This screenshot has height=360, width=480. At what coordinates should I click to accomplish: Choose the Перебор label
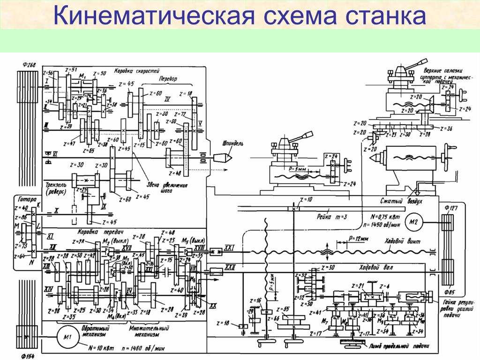click(168, 79)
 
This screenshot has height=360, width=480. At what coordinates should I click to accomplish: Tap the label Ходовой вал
click(375, 268)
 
